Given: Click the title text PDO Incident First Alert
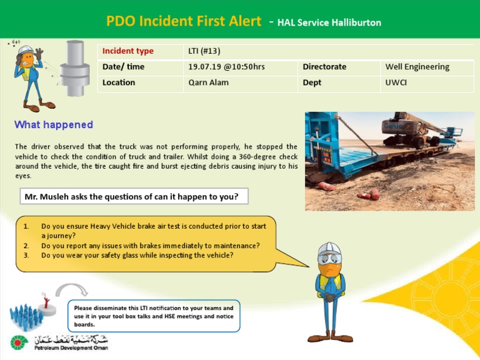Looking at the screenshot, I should (x=183, y=21).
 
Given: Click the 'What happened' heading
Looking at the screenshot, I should (x=54, y=125).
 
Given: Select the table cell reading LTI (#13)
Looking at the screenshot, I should (x=204, y=51).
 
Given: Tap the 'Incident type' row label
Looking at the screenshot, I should (x=128, y=51).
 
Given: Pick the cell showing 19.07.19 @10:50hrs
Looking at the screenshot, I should (x=226, y=67).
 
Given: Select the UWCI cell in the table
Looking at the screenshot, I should (x=396, y=82).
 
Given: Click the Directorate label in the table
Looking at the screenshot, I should (x=324, y=67).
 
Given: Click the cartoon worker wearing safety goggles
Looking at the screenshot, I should (x=329, y=291).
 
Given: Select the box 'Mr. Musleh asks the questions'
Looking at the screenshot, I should (x=134, y=196).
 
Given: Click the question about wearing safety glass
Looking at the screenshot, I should (x=137, y=255).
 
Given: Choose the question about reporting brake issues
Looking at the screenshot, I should (x=150, y=246).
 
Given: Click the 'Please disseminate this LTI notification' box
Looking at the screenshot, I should (x=153, y=316).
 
